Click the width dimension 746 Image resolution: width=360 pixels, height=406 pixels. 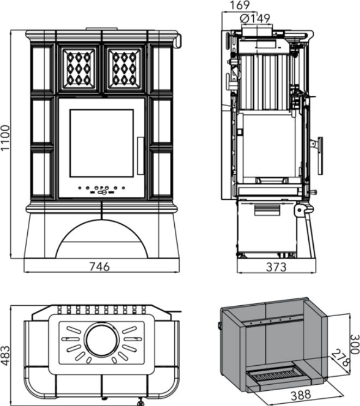pos(99,267)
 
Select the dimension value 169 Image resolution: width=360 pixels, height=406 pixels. pos(240,5)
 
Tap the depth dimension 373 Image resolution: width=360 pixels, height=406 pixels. pos(276,267)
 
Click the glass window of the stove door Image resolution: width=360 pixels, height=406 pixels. pos(102,143)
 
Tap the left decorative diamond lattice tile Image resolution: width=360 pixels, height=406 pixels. pos(79,68)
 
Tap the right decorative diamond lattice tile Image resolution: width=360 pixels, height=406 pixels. pos(125,68)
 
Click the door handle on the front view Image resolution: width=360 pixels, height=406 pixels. pos(140,155)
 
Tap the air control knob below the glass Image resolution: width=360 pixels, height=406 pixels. pos(102,192)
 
